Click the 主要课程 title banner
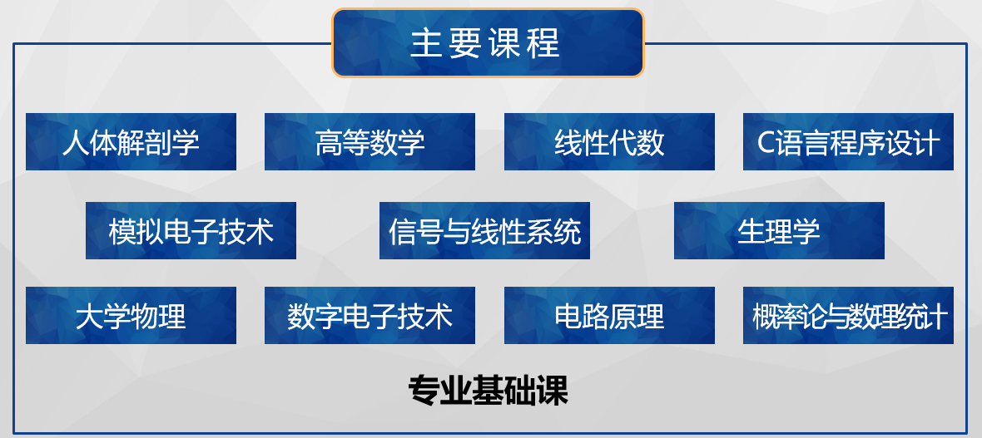(488, 42)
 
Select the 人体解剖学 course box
(131, 141)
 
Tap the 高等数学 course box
(369, 141)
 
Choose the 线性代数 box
(609, 141)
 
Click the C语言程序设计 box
(848, 141)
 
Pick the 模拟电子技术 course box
(191, 230)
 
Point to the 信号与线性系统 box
(484, 230)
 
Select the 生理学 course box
(779, 230)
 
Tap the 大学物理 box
(131, 315)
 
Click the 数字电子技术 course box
(369, 315)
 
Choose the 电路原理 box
(609, 315)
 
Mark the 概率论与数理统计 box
(848, 315)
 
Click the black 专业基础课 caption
(488, 391)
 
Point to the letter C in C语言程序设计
(766, 143)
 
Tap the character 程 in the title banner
(545, 44)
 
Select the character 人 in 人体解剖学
(75, 143)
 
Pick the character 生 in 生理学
(751, 232)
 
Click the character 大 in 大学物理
(89, 317)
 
